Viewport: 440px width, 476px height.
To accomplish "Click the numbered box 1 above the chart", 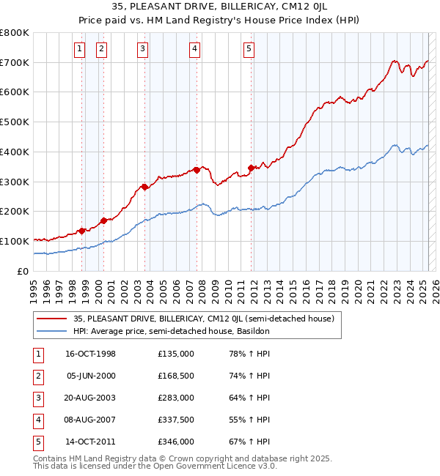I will click(x=78, y=49).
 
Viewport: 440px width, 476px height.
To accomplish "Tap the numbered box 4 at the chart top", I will click(x=194, y=49).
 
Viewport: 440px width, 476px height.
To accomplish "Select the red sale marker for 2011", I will click(x=251, y=168).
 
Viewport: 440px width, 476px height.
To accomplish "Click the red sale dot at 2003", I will click(x=144, y=187).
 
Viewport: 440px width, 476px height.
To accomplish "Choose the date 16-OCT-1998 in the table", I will click(x=91, y=354).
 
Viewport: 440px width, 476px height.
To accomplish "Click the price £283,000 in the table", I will click(x=176, y=398).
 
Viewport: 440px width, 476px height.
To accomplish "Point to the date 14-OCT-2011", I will click(x=91, y=442).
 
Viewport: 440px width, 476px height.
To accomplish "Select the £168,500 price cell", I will click(x=176, y=376).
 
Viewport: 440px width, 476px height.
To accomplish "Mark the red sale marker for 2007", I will click(x=197, y=170).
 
